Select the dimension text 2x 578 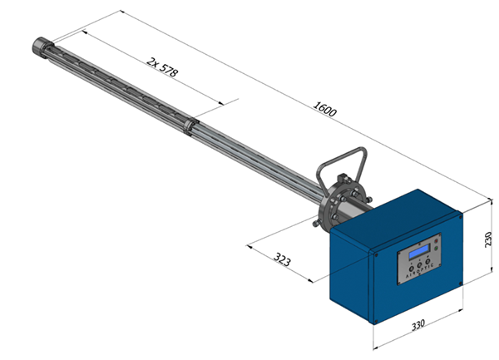point(161,67)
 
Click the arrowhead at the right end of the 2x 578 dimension point(225,105)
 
